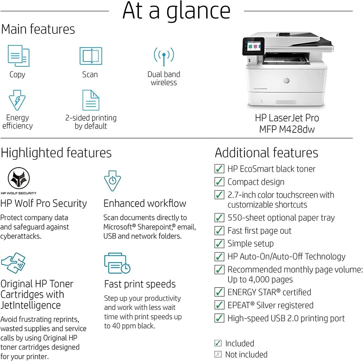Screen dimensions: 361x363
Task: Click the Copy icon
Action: tap(18, 56)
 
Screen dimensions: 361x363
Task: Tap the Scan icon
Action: tap(91, 56)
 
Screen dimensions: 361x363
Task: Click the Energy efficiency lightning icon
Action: tap(17, 100)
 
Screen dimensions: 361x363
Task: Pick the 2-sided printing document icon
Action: tap(91, 100)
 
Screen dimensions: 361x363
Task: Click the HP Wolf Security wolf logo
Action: tap(19, 178)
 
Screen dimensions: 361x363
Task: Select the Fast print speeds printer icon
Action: tap(117, 263)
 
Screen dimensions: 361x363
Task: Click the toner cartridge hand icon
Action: tap(14, 263)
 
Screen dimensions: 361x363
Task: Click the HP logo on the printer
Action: tap(286, 81)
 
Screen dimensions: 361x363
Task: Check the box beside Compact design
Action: tap(219, 182)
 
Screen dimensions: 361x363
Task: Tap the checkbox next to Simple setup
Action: tap(219, 243)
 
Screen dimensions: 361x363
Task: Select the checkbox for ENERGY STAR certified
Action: tap(219, 292)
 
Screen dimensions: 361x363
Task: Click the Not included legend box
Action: tap(218, 354)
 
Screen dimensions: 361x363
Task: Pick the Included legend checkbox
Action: tap(218, 343)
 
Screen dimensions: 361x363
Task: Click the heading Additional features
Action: tap(267, 153)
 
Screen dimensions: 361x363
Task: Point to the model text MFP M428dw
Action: tap(287, 129)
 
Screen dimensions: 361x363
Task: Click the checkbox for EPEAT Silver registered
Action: tap(219, 305)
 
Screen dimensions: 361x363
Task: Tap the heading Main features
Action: tap(38, 29)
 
